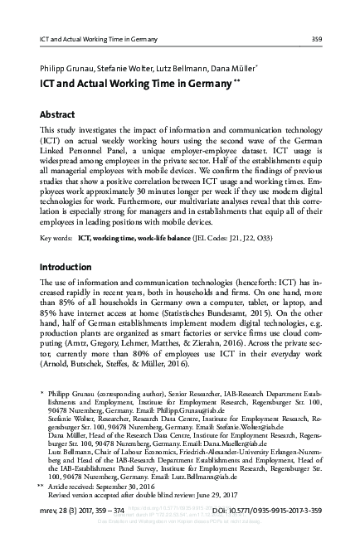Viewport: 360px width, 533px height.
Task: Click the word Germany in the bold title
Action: point(205,84)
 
